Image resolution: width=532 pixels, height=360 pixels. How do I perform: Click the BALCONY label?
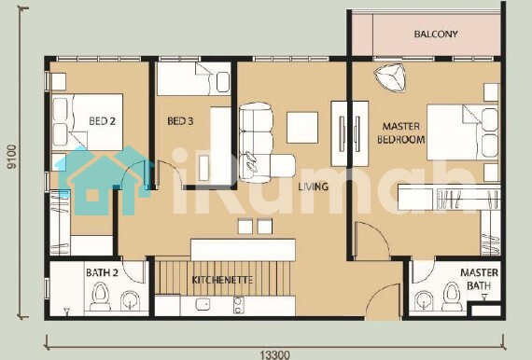(436, 34)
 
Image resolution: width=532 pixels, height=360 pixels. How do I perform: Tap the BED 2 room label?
(102, 120)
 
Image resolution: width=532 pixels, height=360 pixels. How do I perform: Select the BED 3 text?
(180, 121)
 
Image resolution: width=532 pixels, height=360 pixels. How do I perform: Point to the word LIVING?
(314, 187)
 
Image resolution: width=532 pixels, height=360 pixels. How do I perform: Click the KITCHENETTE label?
(222, 280)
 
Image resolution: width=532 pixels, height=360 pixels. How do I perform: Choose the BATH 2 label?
(102, 272)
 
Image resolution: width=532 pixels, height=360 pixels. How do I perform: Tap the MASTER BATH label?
(479, 279)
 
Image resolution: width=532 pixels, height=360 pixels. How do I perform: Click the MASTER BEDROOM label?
(401, 132)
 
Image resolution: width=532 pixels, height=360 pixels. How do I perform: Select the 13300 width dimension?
(275, 355)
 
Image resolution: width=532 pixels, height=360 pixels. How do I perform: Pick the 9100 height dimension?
(12, 157)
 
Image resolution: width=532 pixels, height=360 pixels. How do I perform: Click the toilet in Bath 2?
(101, 297)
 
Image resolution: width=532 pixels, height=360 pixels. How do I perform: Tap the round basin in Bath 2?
(131, 300)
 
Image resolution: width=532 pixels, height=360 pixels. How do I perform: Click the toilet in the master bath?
(452, 297)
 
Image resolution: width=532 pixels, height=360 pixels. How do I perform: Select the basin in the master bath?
(423, 300)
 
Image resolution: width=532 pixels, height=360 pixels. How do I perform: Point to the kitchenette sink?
(203, 304)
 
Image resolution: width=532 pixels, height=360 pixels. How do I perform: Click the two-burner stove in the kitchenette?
(238, 305)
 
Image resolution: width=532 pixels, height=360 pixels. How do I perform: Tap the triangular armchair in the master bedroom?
(390, 77)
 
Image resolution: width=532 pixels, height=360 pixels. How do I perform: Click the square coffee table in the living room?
(302, 128)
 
